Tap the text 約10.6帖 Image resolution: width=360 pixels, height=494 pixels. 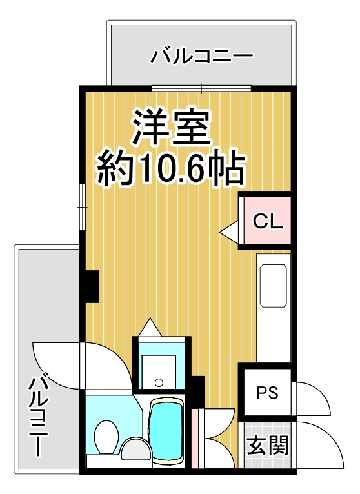tap(171, 169)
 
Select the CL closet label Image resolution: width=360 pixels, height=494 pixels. tap(267, 222)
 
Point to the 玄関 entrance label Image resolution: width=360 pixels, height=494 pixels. tap(267, 444)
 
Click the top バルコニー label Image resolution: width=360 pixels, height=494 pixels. tap(201, 57)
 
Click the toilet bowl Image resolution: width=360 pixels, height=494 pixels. tap(105, 435)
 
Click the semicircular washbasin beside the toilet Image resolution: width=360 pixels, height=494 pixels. tap(134, 448)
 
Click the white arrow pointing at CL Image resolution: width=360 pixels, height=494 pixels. tap(229, 230)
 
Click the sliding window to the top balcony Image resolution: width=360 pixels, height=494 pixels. tap(202, 88)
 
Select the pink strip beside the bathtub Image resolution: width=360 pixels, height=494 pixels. tap(195, 439)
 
